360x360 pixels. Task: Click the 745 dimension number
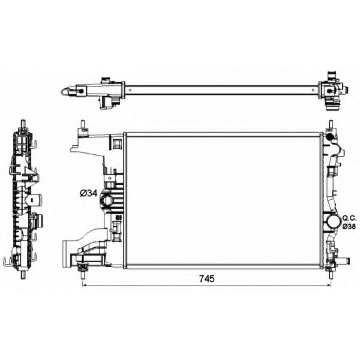pyautogui.click(x=207, y=278)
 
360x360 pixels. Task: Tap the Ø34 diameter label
pyautogui.click(x=89, y=193)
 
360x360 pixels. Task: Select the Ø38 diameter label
pyautogui.click(x=349, y=226)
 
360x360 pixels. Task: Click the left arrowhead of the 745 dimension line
pyautogui.click(x=84, y=285)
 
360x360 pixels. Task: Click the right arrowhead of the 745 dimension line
pyautogui.click(x=329, y=285)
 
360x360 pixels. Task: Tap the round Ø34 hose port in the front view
pyautogui.click(x=106, y=200)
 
